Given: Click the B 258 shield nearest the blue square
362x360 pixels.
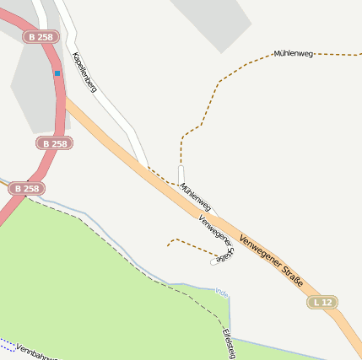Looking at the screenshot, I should click(x=41, y=37).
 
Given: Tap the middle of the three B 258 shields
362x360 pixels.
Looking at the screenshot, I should click(x=53, y=143).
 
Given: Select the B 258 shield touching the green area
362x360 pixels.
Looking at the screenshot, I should click(x=27, y=189).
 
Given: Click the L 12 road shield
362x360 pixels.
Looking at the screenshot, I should click(x=321, y=302).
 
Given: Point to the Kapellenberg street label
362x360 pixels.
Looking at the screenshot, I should click(x=84, y=72).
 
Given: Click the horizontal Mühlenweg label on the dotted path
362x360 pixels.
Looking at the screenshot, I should click(x=294, y=54).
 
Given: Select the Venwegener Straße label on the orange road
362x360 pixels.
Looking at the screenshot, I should click(x=271, y=261).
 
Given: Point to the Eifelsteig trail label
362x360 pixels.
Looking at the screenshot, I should click(x=227, y=341).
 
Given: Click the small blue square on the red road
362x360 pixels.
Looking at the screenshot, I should click(x=57, y=73).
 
